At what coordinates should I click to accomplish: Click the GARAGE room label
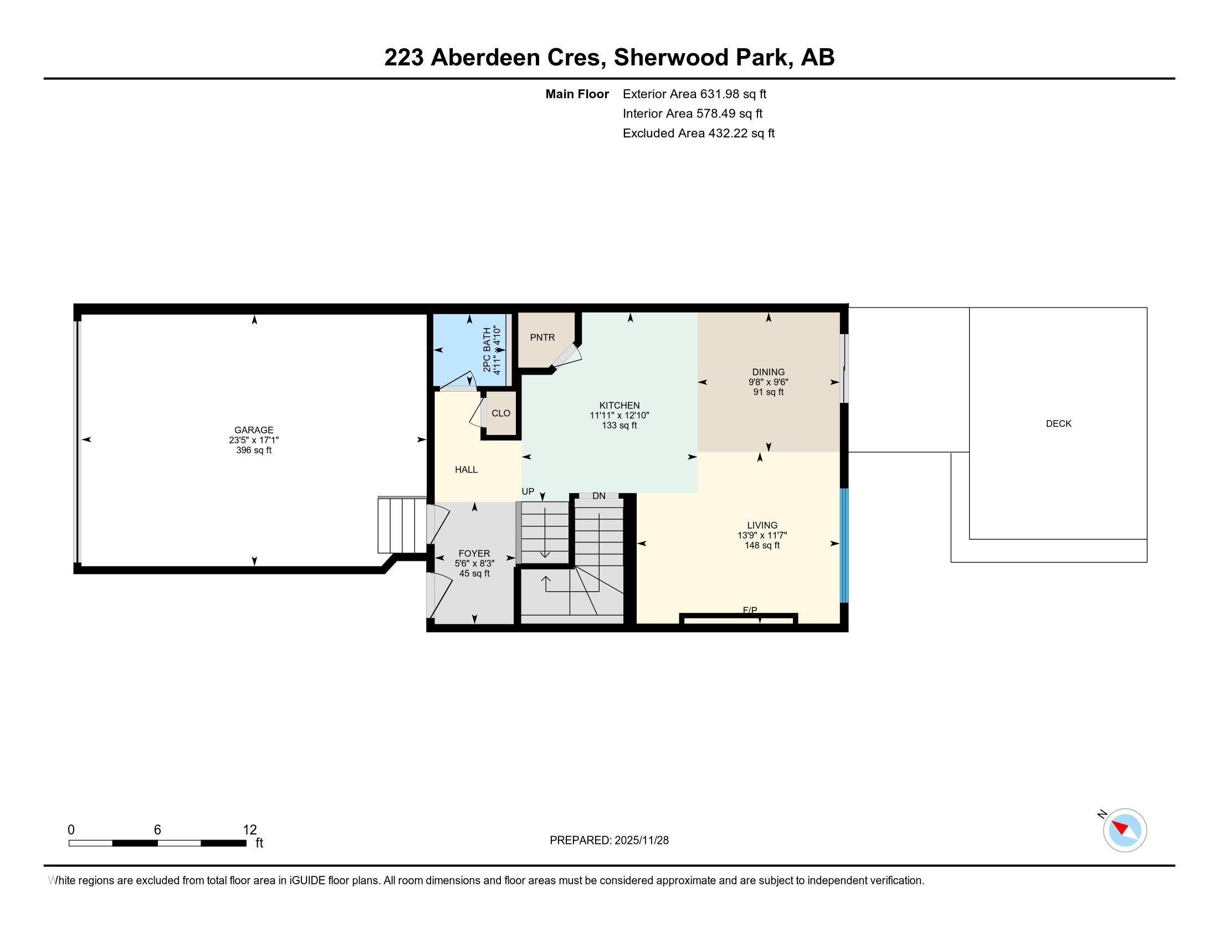tap(254, 429)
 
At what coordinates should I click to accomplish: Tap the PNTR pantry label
tap(542, 337)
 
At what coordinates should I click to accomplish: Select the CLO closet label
tap(501, 413)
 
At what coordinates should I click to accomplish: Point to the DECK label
tap(1058, 423)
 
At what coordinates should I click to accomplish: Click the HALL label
tap(466, 469)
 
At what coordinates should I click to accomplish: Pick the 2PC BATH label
tap(486, 350)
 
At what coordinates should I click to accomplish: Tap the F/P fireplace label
tap(750, 611)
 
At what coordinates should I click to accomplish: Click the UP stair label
tap(528, 492)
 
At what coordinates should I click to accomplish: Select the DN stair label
tap(599, 495)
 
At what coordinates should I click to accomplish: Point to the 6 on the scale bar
tap(157, 830)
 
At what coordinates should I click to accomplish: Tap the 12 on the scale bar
tap(250, 830)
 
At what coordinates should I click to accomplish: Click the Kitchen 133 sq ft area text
tap(619, 425)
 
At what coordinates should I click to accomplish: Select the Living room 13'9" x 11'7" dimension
tap(762, 535)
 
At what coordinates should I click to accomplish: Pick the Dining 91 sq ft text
tap(769, 392)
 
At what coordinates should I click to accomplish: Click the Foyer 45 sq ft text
tap(474, 573)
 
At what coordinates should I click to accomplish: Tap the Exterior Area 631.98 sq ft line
tap(694, 94)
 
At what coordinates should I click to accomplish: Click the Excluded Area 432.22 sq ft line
tap(699, 133)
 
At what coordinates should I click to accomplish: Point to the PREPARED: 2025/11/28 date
tap(609, 840)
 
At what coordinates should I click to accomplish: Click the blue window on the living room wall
tap(844, 546)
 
